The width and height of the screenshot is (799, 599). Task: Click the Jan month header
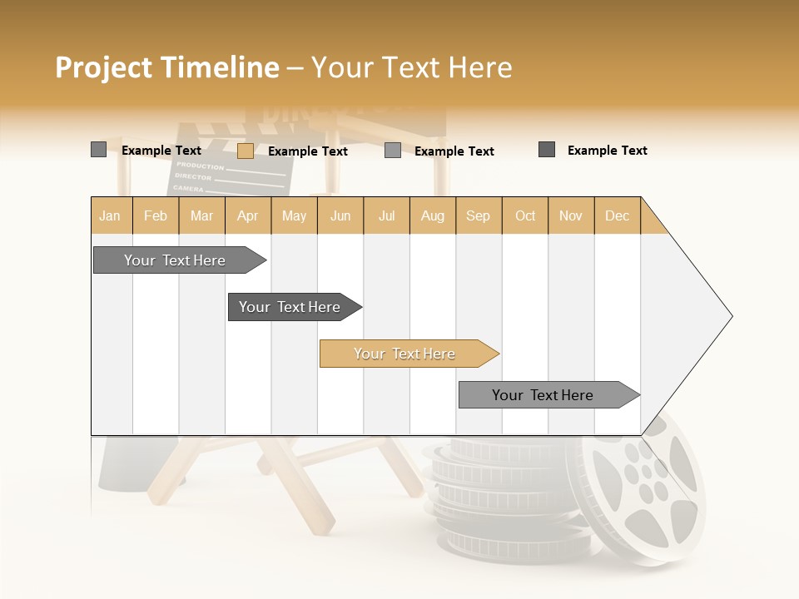point(111,215)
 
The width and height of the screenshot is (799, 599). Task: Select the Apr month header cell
point(248,215)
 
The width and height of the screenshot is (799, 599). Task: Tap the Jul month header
point(387,215)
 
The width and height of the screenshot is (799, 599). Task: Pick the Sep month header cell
point(479,215)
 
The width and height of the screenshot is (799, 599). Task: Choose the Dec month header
point(618,215)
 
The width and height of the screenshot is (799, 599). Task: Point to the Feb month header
point(156,215)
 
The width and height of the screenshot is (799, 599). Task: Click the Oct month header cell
point(525,215)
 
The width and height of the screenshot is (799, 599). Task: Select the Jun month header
point(340,215)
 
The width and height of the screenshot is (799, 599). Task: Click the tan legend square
point(245,151)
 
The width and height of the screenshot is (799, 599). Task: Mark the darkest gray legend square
point(547,150)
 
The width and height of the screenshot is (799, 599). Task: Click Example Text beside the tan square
point(308,151)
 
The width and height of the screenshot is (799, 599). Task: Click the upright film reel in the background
point(645,487)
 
